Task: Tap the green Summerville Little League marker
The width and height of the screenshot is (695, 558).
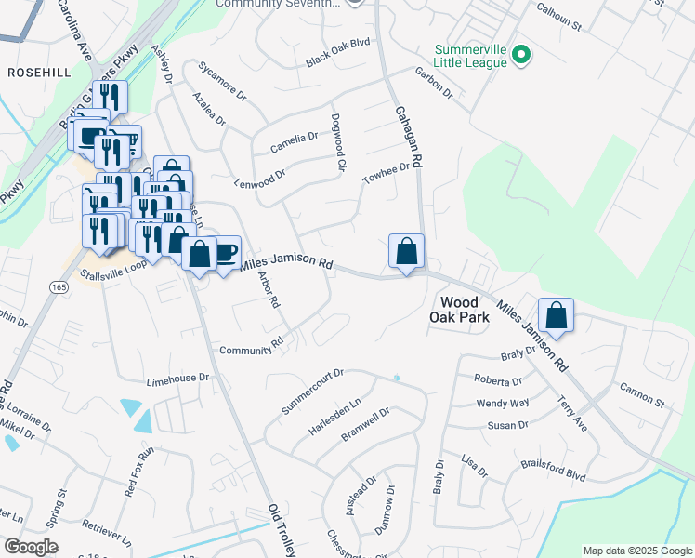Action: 521,56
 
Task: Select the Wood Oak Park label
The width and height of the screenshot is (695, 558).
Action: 459,310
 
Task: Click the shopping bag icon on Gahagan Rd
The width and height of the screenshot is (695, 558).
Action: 406,251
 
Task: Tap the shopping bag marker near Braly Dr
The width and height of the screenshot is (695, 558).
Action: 556,315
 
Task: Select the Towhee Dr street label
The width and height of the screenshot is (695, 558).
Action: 387,173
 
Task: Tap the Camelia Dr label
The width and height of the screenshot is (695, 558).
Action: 294,142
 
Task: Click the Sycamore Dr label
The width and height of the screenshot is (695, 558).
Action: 221,81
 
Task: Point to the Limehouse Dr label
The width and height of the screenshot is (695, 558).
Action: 178,379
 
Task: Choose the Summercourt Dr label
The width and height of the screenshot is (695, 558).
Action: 312,392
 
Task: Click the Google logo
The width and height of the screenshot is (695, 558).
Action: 31,547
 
